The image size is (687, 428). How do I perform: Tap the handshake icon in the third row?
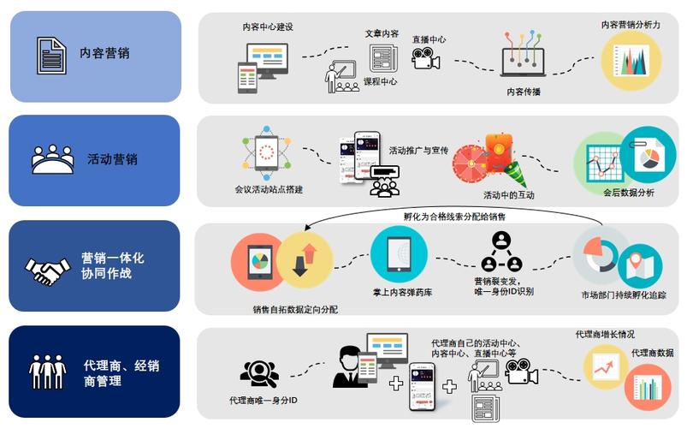click(49, 272)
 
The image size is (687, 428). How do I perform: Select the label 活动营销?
click(113, 159)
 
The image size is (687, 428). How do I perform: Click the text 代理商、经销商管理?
click(121, 373)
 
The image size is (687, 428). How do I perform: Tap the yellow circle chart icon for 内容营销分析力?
click(631, 57)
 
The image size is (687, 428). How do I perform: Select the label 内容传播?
click(524, 92)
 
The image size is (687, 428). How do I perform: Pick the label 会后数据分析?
click(629, 193)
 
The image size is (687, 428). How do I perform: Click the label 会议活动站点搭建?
click(268, 189)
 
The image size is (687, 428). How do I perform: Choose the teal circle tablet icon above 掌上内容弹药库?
click(398, 255)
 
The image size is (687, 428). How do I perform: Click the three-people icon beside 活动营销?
click(52, 159)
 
